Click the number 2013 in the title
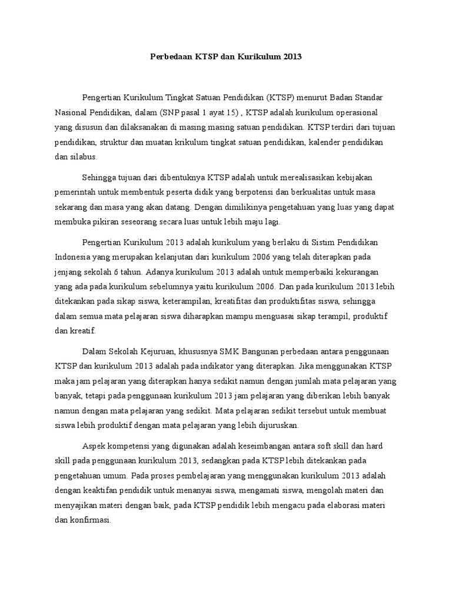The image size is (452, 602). point(292,57)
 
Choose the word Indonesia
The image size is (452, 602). point(73,257)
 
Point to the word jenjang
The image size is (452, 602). point(67,273)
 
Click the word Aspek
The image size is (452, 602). point(94,445)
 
